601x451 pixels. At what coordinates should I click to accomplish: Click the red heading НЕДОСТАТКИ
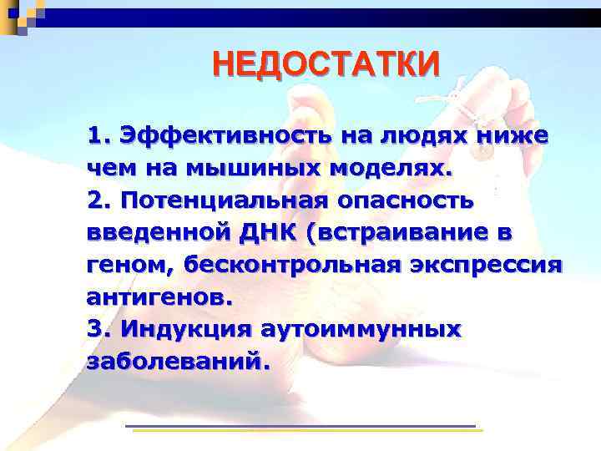point(325,63)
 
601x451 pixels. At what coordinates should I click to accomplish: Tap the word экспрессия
point(485,265)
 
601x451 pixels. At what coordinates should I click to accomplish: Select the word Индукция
point(184,328)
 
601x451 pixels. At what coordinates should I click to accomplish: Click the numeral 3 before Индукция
point(94,328)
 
